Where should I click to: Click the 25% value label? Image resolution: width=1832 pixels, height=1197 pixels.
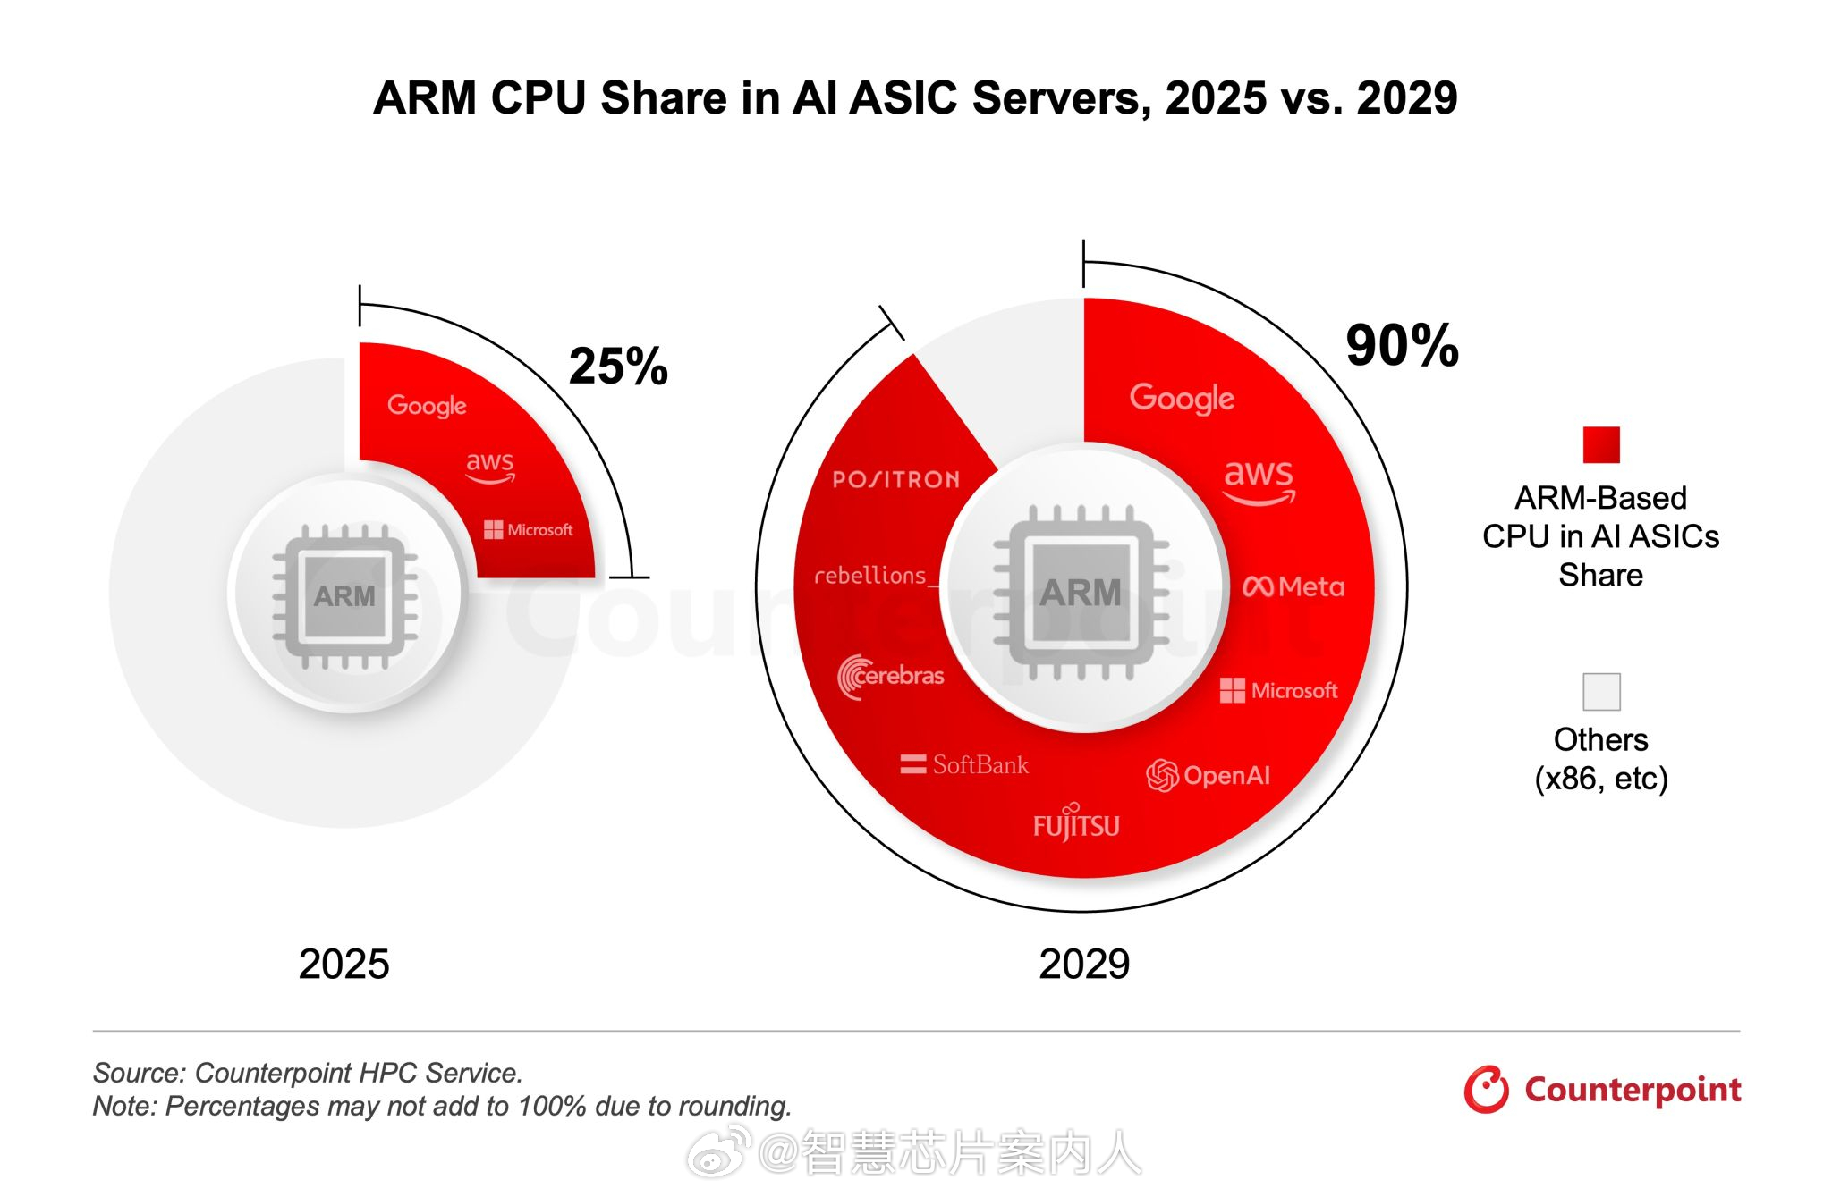tap(618, 367)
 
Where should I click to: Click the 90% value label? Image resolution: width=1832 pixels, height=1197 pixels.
tap(1402, 346)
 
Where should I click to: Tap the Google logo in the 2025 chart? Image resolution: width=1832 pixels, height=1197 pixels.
tap(427, 406)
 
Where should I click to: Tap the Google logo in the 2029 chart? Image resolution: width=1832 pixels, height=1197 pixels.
tap(1182, 398)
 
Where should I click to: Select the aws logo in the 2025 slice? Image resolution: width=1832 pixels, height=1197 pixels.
tap(490, 466)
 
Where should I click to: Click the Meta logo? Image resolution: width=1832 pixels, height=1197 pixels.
tap(1293, 586)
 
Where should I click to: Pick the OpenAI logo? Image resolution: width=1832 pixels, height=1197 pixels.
tap(1208, 775)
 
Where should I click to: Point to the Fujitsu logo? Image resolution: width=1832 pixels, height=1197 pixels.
tap(1076, 823)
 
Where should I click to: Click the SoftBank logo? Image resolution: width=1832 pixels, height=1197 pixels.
tap(964, 764)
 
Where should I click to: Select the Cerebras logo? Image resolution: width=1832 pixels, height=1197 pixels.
tap(891, 676)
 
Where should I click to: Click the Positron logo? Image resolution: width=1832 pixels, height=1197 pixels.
tap(895, 480)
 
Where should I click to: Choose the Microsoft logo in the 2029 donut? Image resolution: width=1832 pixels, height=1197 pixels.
tap(1278, 690)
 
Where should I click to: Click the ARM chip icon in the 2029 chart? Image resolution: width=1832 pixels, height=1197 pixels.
tap(1081, 593)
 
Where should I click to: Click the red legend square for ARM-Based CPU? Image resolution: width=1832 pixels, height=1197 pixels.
tap(1600, 445)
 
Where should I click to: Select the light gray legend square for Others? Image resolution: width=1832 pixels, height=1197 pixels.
tap(1600, 692)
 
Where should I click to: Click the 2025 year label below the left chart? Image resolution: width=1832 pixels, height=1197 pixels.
tap(343, 964)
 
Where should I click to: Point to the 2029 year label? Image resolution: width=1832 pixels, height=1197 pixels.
tap(1084, 964)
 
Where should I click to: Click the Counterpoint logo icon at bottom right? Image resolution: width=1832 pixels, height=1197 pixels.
tap(1486, 1090)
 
